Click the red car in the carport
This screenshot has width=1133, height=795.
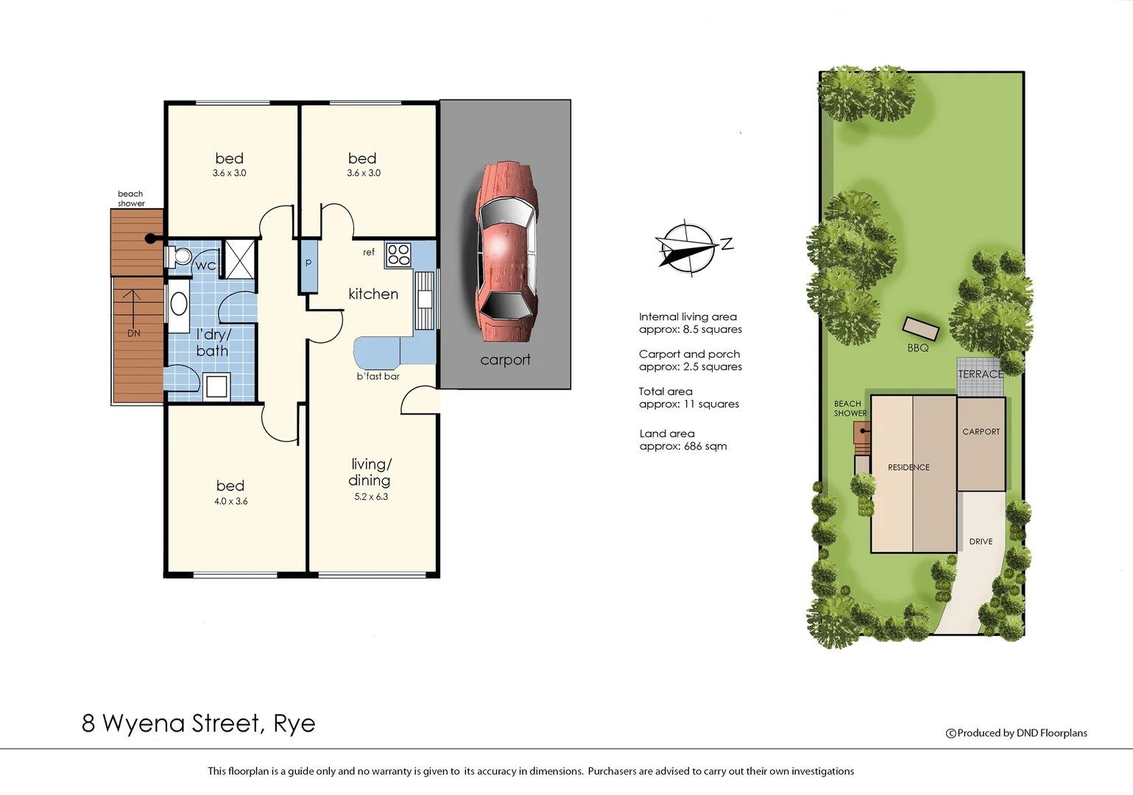[x=506, y=252]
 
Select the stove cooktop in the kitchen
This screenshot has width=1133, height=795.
[x=398, y=255]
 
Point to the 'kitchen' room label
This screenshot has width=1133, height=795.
[x=373, y=294]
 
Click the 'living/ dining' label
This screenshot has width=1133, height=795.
[x=370, y=472]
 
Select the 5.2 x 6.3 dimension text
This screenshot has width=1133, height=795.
[x=371, y=497]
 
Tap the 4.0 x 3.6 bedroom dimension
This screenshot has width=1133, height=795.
[x=230, y=501]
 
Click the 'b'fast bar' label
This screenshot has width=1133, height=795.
[x=378, y=376]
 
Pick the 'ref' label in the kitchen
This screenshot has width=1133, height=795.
[x=368, y=252]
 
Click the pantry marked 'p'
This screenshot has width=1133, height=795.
[x=308, y=263]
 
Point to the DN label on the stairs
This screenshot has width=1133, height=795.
[x=133, y=333]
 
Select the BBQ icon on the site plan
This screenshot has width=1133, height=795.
[x=921, y=328]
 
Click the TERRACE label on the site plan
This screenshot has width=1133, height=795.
[x=980, y=374]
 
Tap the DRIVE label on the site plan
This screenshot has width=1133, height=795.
[x=981, y=542]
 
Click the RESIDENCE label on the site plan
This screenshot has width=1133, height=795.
[x=908, y=467]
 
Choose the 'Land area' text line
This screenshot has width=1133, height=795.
[x=667, y=434]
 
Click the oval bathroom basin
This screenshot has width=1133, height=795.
[x=178, y=303]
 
